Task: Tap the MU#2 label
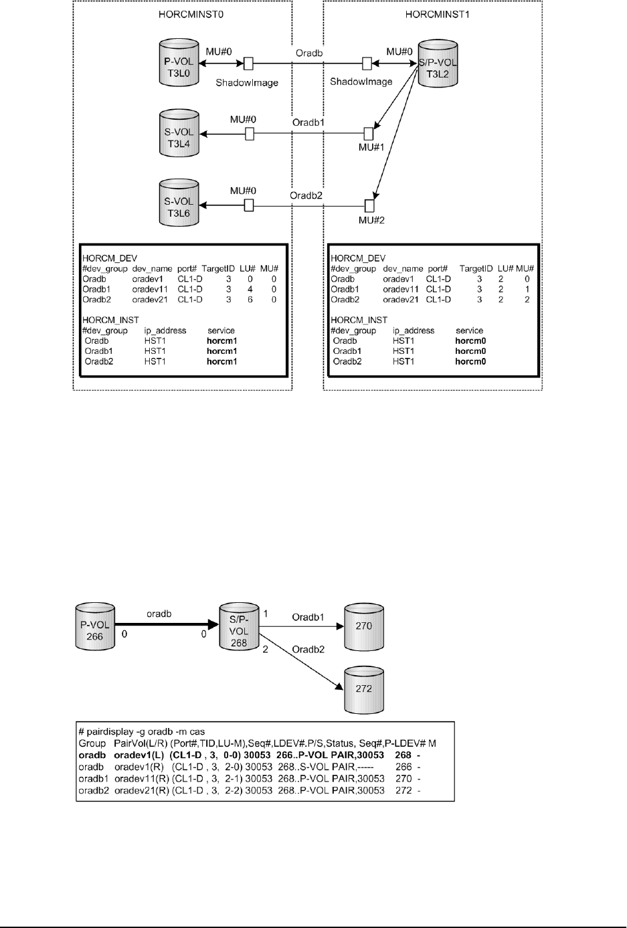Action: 371,219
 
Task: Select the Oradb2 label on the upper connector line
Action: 306,195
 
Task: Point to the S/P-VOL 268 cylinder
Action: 239,626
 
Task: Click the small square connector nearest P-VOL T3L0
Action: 248,64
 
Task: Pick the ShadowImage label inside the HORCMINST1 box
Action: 361,82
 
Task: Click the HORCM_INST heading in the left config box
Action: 110,320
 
